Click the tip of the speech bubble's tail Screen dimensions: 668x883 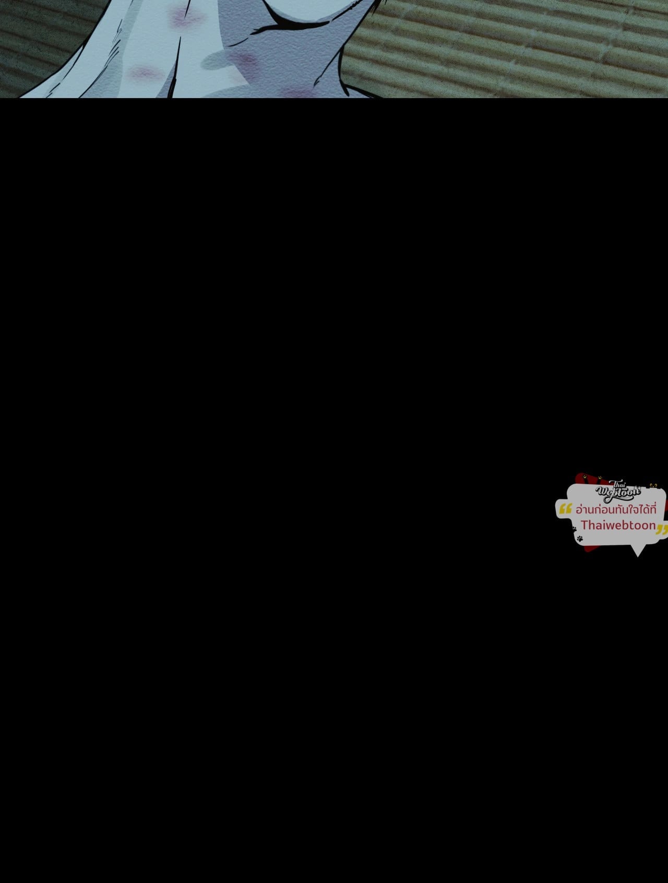[x=637, y=556]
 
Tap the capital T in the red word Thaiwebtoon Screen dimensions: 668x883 [x=585, y=524]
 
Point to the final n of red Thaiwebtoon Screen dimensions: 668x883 [x=651, y=526]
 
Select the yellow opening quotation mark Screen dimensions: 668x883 [x=565, y=509]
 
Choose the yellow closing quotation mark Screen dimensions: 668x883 [x=662, y=531]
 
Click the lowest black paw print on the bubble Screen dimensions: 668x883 [x=580, y=538]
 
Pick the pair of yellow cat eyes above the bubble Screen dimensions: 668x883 [x=652, y=485]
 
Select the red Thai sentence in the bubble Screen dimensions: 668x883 [x=616, y=509]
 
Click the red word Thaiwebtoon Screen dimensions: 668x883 [x=618, y=525]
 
